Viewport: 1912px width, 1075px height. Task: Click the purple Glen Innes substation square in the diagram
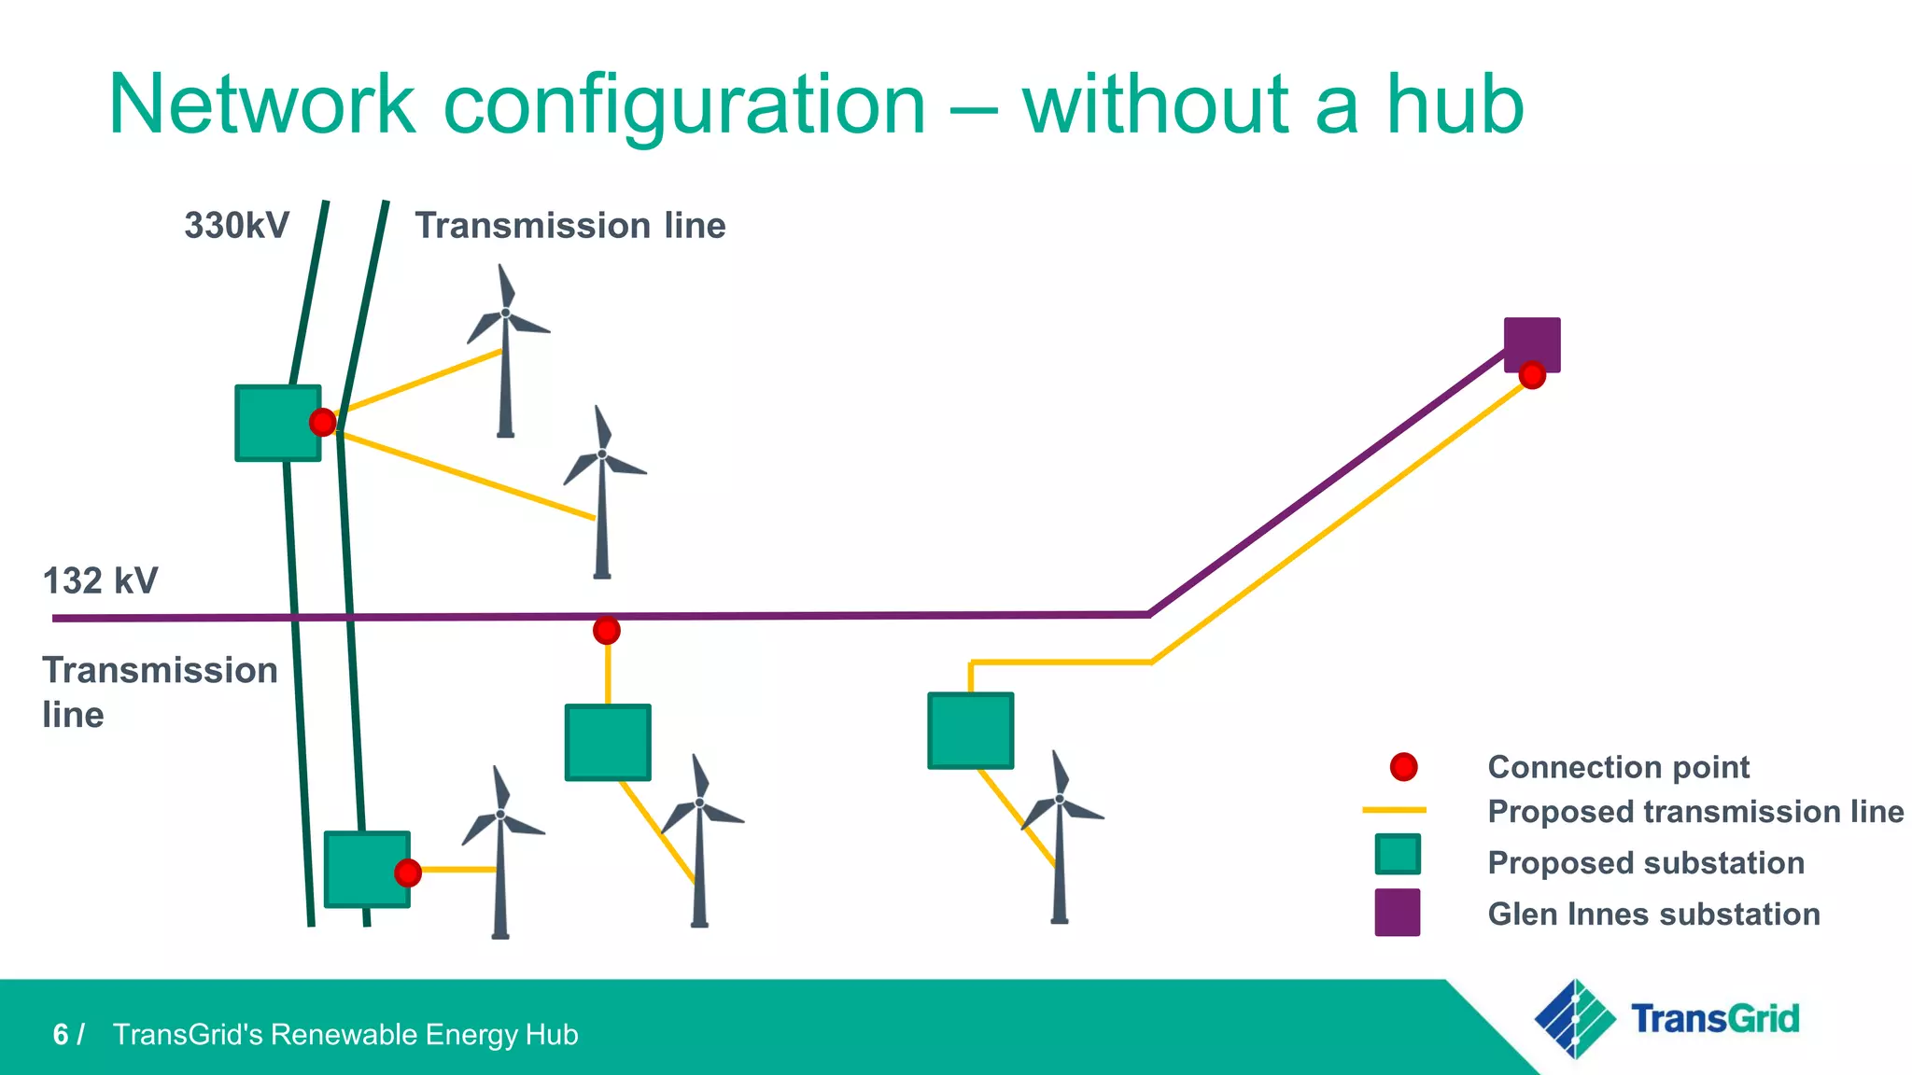coord(1532,342)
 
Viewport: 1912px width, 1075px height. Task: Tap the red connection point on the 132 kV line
coord(607,632)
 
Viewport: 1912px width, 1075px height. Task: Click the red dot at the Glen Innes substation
coord(1532,375)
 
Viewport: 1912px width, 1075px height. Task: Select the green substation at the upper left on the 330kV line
coord(277,423)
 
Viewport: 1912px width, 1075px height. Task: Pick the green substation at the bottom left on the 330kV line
coord(366,869)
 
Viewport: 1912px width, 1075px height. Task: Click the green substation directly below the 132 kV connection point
coord(608,743)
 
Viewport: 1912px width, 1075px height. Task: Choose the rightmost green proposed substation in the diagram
coord(971,731)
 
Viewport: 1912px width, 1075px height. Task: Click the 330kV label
coord(237,226)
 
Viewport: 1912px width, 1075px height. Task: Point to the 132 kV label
coord(101,581)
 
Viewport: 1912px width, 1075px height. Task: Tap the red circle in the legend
coord(1403,767)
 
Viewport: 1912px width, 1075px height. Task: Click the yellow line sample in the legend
coord(1394,810)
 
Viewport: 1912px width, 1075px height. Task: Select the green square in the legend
coord(1398,854)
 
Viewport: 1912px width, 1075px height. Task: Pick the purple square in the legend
coord(1398,913)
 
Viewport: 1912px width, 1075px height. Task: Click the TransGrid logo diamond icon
coord(1575,1018)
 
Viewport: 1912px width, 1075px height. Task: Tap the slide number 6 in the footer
coord(61,1035)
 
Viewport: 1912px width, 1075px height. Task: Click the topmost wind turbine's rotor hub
coord(506,314)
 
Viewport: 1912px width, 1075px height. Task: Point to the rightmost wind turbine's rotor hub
coord(1060,799)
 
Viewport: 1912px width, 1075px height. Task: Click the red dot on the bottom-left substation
coord(408,873)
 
